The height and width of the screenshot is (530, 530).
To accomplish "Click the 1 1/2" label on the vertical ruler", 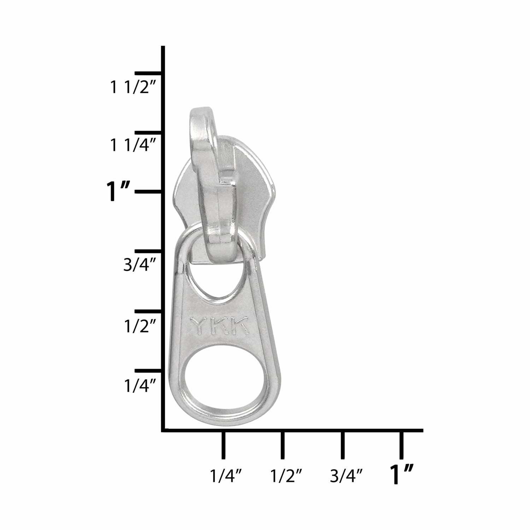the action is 130,87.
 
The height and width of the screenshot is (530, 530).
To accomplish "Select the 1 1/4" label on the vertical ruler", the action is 130,146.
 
